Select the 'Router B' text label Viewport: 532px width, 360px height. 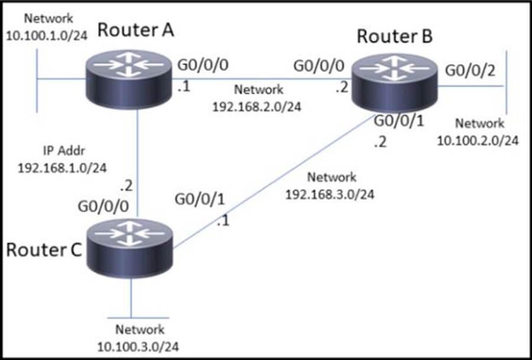(x=395, y=37)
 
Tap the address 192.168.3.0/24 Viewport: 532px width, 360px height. (x=330, y=193)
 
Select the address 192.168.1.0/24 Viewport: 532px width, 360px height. (x=63, y=167)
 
